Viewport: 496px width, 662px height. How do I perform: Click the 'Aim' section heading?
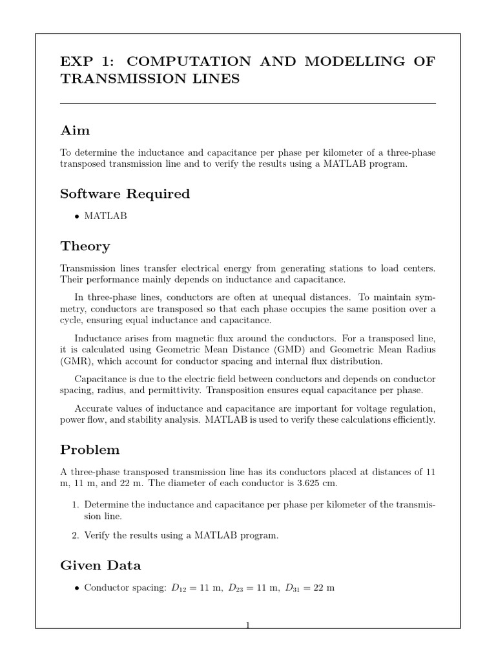pyautogui.click(x=75, y=131)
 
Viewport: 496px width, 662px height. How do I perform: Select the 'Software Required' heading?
pyautogui.click(x=125, y=194)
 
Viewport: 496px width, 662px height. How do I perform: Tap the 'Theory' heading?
pyautogui.click(x=85, y=246)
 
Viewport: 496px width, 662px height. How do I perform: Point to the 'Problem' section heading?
pyautogui.click(x=90, y=449)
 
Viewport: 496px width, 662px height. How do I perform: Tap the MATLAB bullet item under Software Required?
pyautogui.click(x=105, y=216)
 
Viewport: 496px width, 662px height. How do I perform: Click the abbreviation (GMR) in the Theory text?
pyautogui.click(x=74, y=361)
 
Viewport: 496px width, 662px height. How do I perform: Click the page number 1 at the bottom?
pyautogui.click(x=247, y=625)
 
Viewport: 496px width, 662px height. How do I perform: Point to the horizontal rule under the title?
pyautogui.click(x=247, y=103)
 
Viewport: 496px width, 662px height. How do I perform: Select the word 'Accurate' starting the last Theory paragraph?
pyautogui.click(x=96, y=409)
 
